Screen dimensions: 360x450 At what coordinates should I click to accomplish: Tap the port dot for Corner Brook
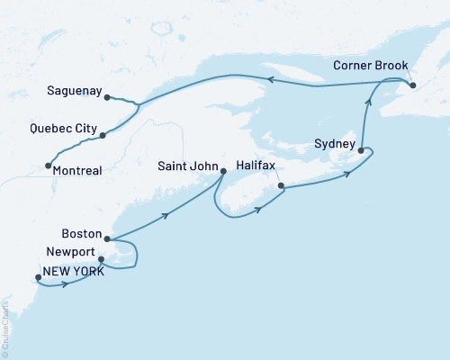point(412,85)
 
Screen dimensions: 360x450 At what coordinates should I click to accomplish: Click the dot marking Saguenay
point(107,97)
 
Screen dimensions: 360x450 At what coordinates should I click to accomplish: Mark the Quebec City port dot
point(103,136)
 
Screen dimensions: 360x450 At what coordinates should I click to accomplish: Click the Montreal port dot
point(48,166)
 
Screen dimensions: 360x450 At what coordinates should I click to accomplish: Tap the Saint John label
point(186,166)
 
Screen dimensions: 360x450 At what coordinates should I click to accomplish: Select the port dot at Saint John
point(222,173)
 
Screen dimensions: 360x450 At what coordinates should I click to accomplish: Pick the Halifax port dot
point(282,186)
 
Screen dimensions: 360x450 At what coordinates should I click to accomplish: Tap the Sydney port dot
point(361,151)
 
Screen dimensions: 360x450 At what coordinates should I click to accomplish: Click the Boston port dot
point(107,239)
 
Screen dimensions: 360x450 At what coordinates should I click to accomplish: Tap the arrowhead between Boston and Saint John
point(166,215)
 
